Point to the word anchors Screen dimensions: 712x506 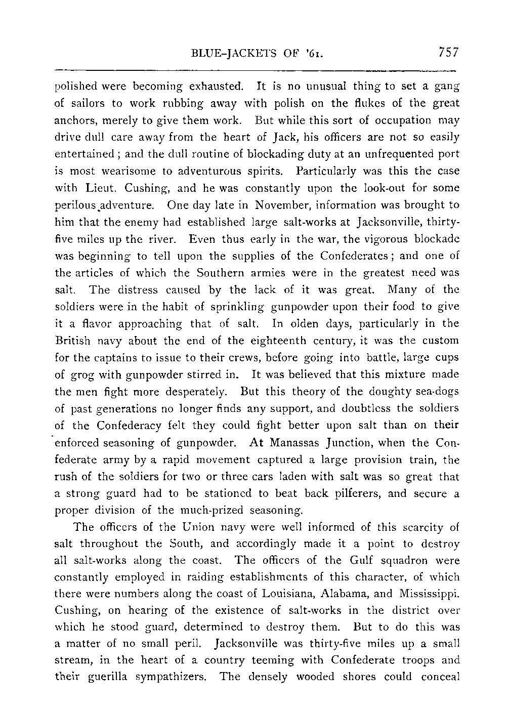click(74, 121)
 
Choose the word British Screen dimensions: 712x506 click(72, 341)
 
